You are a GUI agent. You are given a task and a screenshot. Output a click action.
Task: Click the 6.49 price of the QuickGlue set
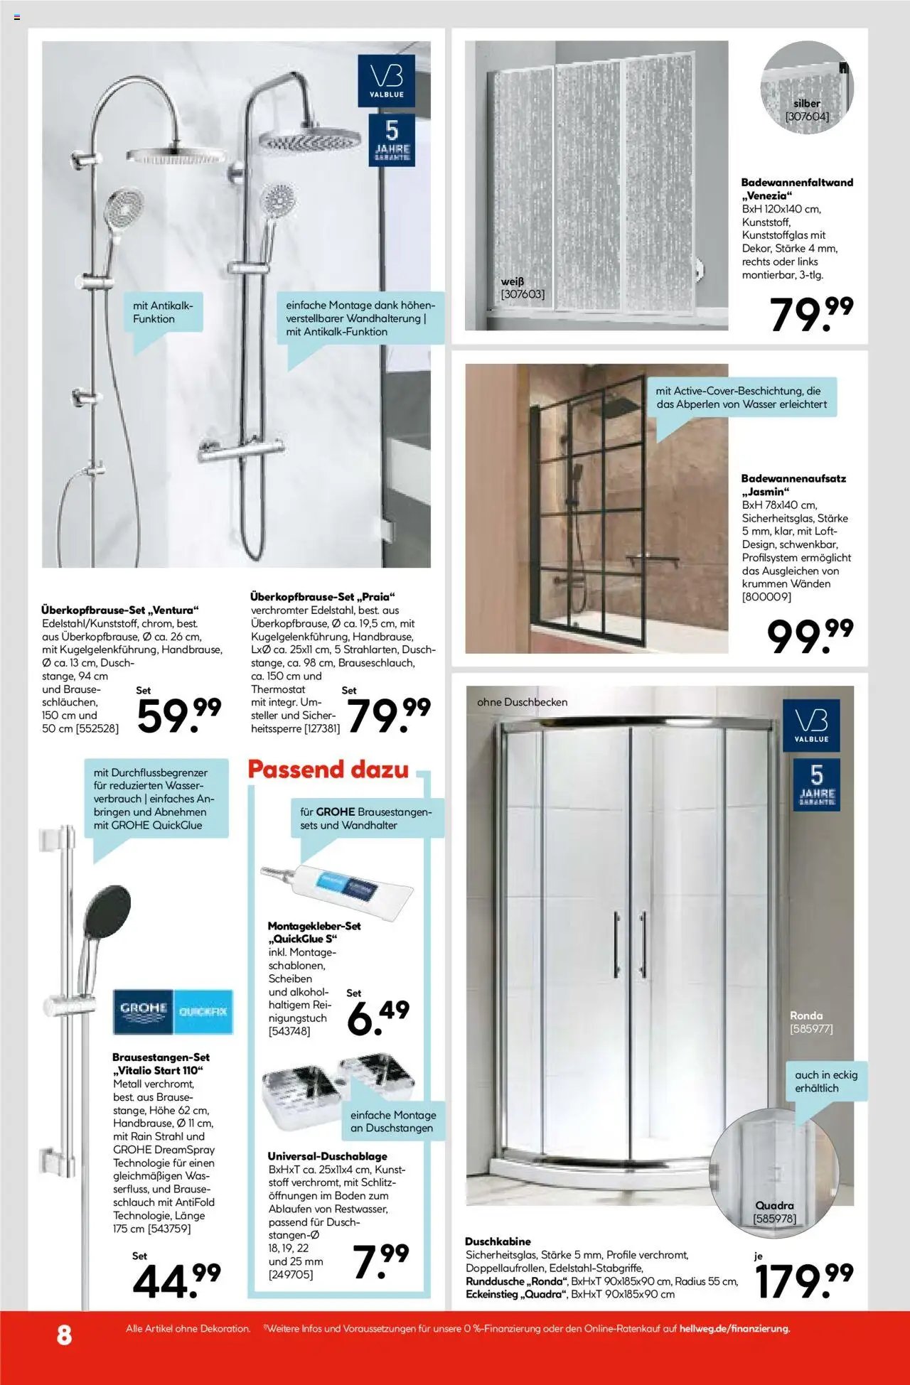[x=378, y=1017]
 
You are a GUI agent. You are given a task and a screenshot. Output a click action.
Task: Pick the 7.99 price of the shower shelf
[x=380, y=1261]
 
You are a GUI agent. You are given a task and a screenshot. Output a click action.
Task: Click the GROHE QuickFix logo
[x=173, y=1011]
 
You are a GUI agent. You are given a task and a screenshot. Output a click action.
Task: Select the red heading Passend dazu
[x=328, y=770]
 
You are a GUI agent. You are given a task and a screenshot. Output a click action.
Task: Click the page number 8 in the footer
[x=64, y=1335]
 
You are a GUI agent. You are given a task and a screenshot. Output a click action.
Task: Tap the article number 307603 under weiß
[x=523, y=294]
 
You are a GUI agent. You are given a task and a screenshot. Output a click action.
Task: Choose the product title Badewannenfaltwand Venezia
[x=796, y=188]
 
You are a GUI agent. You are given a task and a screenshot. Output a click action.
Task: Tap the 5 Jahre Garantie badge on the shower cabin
[x=816, y=783]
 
